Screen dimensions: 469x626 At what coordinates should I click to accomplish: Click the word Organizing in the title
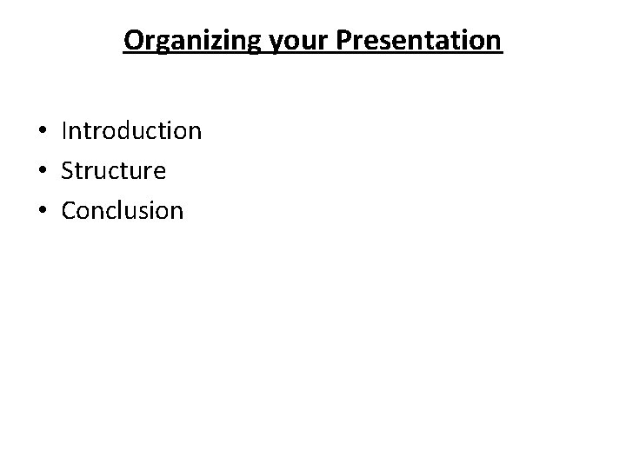(x=190, y=41)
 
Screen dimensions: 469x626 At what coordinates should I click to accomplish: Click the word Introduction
(x=131, y=131)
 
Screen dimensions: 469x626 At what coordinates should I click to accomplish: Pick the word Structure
(x=113, y=170)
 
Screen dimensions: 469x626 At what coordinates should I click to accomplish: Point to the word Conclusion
(x=123, y=210)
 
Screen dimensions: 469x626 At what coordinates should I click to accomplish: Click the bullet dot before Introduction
(x=42, y=132)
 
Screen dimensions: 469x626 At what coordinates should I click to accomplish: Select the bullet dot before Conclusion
(x=42, y=211)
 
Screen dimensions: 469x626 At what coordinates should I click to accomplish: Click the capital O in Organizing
(x=133, y=41)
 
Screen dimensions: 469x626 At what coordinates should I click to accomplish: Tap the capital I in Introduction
(x=64, y=131)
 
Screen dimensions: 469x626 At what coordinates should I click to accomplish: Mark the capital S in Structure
(x=68, y=170)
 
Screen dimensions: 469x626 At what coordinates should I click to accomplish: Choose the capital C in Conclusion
(x=70, y=210)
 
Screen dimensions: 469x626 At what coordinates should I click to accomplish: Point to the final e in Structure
(x=158, y=172)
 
